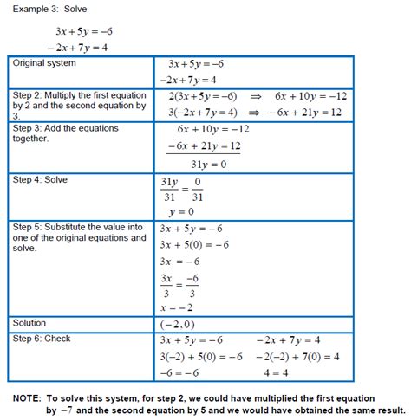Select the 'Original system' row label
pos(44,63)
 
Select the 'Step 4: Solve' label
pos(40,179)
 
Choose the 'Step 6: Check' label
pos(42,339)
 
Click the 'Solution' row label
pos(29,322)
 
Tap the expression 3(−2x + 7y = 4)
pos(201,113)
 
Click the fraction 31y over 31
pos(169,188)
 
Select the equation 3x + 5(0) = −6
pos(195,244)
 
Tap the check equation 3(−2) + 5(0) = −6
pos(200,356)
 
